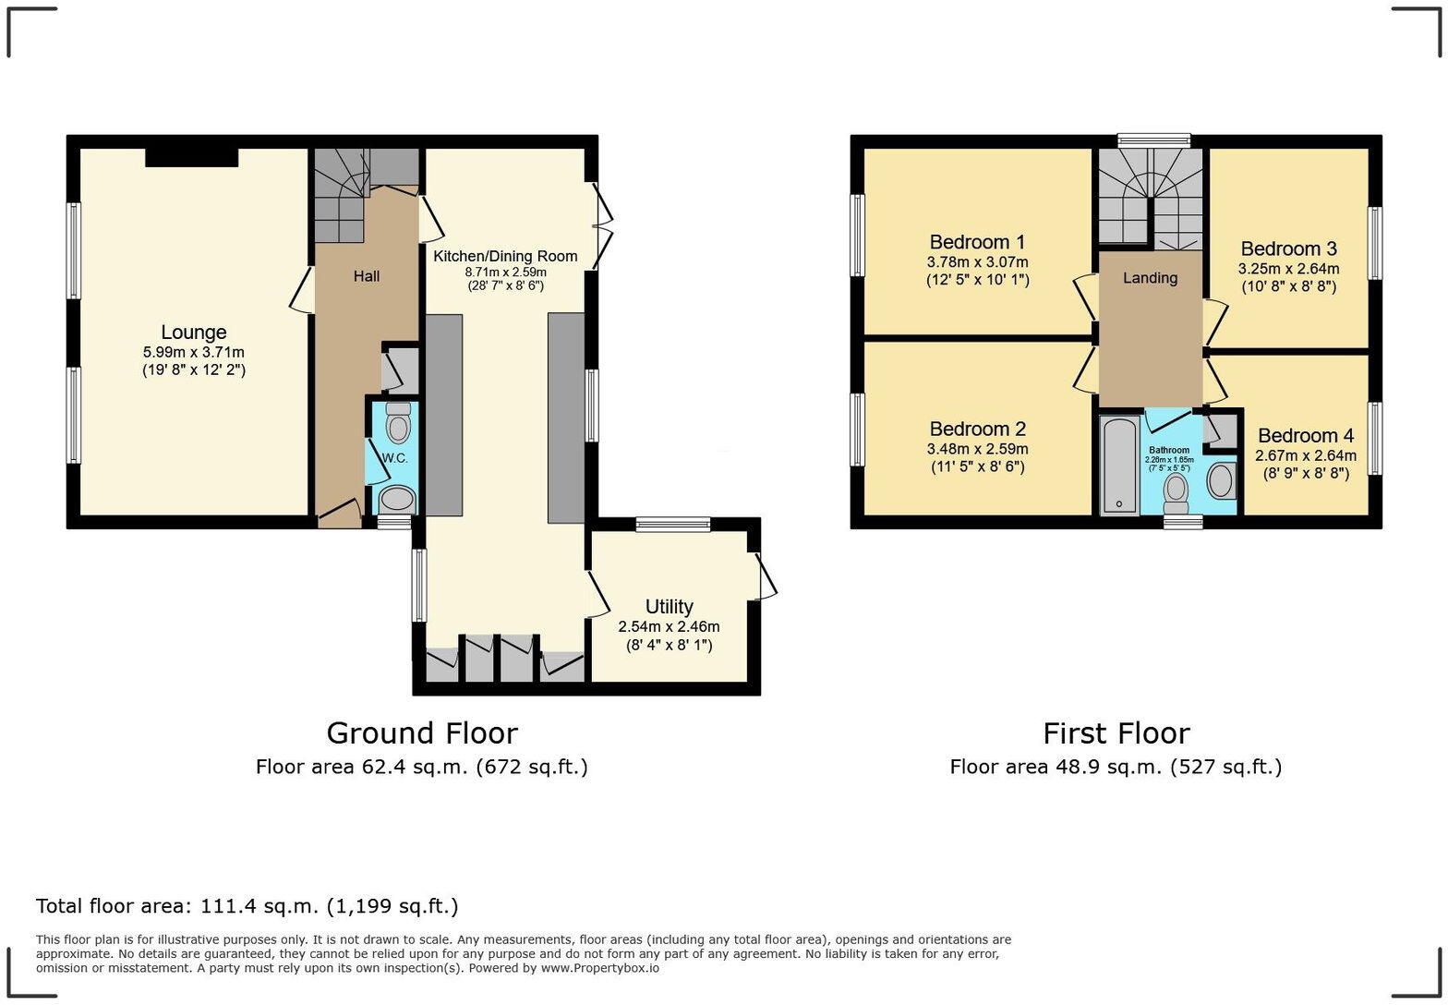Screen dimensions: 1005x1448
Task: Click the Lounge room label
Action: point(193,333)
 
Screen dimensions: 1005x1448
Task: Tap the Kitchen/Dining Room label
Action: point(505,256)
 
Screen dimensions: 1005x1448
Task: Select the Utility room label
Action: point(669,607)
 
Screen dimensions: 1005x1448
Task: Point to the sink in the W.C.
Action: point(398,500)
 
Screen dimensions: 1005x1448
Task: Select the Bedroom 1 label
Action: point(977,242)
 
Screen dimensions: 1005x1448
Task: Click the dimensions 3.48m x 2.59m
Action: point(977,449)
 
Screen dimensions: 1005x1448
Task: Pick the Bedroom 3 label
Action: point(1288,248)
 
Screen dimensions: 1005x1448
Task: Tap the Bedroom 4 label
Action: point(1305,435)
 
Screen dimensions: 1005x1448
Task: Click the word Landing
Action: point(1150,278)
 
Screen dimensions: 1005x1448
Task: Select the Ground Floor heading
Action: point(421,733)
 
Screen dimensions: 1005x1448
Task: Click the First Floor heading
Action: point(1116,733)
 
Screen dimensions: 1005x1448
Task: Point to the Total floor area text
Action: point(247,906)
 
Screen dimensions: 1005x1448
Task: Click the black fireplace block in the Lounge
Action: point(191,158)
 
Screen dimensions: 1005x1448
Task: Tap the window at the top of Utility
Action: point(673,525)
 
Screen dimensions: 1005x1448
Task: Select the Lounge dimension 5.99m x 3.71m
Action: point(193,352)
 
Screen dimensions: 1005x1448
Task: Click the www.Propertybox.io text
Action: point(599,968)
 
